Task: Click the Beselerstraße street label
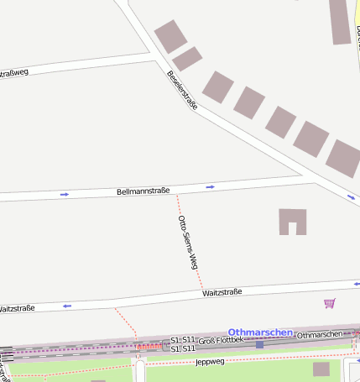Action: pyautogui.click(x=182, y=91)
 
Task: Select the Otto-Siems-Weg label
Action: pyautogui.click(x=188, y=242)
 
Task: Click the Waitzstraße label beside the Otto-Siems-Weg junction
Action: pyautogui.click(x=222, y=292)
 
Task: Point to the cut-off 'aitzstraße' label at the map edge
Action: pyautogui.click(x=17, y=308)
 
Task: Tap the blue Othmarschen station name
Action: pyautogui.click(x=260, y=332)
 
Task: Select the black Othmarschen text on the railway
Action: pyautogui.click(x=320, y=335)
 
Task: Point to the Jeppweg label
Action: pyautogui.click(x=210, y=362)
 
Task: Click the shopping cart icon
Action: pyautogui.click(x=330, y=303)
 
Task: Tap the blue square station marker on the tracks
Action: pyautogui.click(x=260, y=344)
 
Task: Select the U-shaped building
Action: pyautogui.click(x=293, y=221)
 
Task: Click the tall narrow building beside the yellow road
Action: pyautogui.click(x=339, y=21)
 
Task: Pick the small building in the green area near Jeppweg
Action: pyautogui.click(x=321, y=369)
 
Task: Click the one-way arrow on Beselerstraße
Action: pyautogui.click(x=352, y=197)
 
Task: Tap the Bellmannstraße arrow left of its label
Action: pyautogui.click(x=65, y=194)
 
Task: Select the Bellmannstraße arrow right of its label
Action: pyautogui.click(x=210, y=186)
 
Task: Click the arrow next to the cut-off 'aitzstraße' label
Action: pyautogui.click(x=66, y=306)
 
